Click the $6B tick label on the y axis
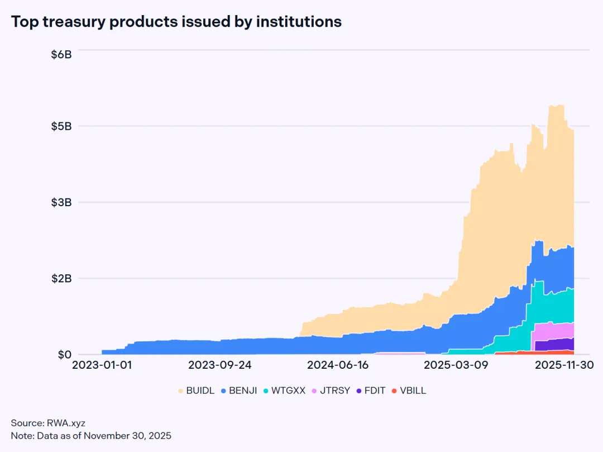(62, 55)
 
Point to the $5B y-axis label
(62, 126)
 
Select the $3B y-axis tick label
(62, 202)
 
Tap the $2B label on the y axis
(62, 278)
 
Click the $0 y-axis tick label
(65, 354)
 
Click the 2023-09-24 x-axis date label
(219, 365)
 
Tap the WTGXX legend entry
(288, 391)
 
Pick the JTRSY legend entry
(334, 391)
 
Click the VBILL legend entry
(413, 391)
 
